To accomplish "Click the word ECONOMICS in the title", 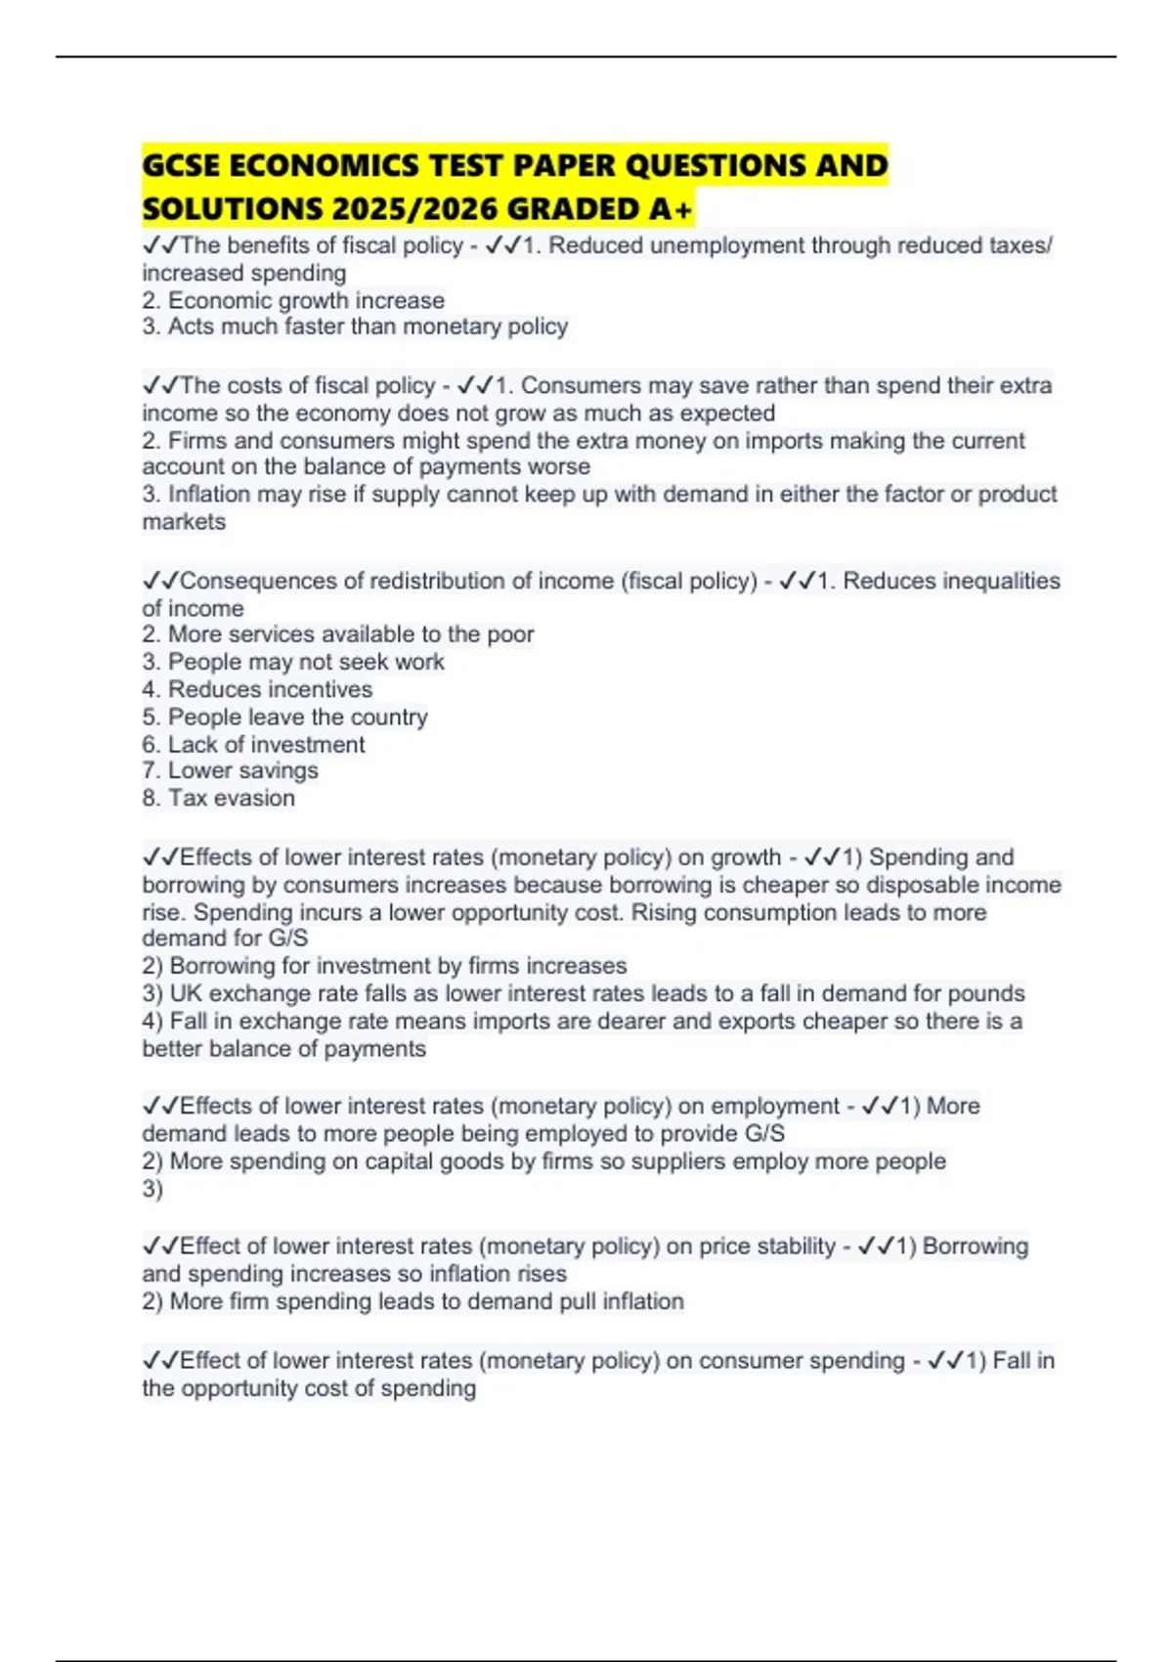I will click(x=323, y=165).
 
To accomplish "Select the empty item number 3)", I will click(x=152, y=1189).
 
